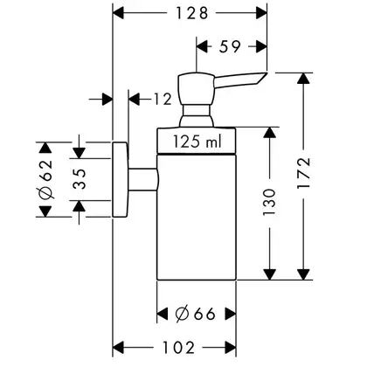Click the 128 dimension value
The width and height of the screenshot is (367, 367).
pyautogui.click(x=191, y=13)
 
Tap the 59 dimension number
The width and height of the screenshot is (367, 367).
pyautogui.click(x=231, y=46)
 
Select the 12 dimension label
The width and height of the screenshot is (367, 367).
pyautogui.click(x=163, y=100)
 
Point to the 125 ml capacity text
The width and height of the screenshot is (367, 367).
pyautogui.click(x=197, y=142)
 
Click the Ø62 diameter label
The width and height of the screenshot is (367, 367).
pyautogui.click(x=46, y=179)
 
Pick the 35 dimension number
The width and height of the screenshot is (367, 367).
pyautogui.click(x=80, y=179)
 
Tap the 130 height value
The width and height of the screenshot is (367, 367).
pyautogui.click(x=269, y=202)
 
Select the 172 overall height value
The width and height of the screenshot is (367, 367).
pyautogui.click(x=303, y=173)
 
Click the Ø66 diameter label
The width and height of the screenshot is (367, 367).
pyautogui.click(x=195, y=314)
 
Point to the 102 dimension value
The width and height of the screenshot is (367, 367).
pyautogui.click(x=178, y=348)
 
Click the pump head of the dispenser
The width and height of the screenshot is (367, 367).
pyautogui.click(x=197, y=88)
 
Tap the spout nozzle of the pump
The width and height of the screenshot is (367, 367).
pyautogui.click(x=241, y=80)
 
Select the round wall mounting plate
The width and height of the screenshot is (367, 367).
pyautogui.click(x=120, y=179)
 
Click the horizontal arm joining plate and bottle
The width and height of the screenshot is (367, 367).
pyautogui.click(x=143, y=179)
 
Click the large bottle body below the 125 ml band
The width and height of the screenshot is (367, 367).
pyautogui.click(x=197, y=217)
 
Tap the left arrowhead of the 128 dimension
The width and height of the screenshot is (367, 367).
pyautogui.click(x=119, y=13)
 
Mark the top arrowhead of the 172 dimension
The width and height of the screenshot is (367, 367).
pyautogui.click(x=303, y=79)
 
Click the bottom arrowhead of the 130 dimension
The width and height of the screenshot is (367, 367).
pyautogui.click(x=269, y=274)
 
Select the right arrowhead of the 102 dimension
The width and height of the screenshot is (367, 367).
pyautogui.click(x=230, y=348)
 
